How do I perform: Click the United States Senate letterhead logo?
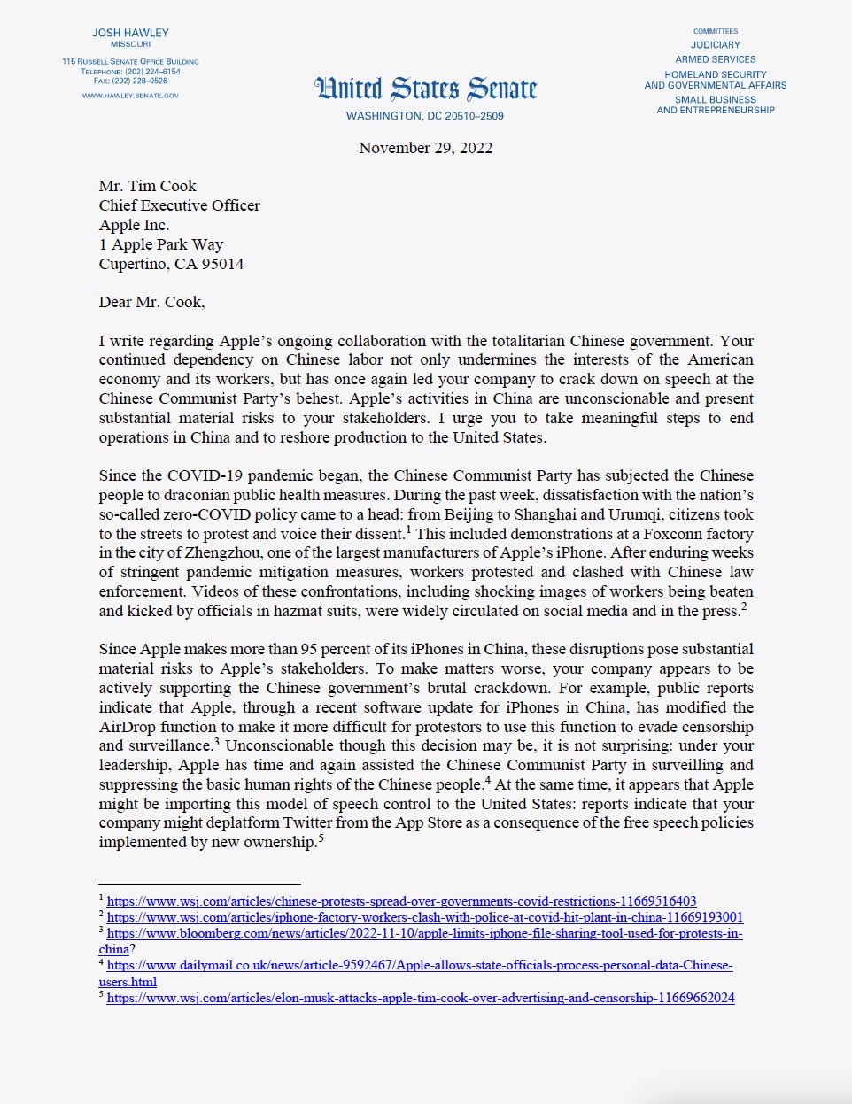pyautogui.click(x=425, y=89)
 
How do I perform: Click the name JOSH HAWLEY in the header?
pyautogui.click(x=130, y=33)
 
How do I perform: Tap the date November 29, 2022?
pyautogui.click(x=425, y=148)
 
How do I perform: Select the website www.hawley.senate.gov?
pyautogui.click(x=130, y=96)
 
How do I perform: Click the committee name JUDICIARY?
pyautogui.click(x=716, y=45)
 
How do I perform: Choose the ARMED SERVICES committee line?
pyautogui.click(x=716, y=59)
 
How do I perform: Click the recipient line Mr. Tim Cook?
pyautogui.click(x=147, y=186)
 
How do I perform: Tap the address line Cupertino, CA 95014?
pyautogui.click(x=171, y=264)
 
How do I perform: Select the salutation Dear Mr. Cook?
pyautogui.click(x=151, y=302)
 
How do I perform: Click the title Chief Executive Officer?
pyautogui.click(x=179, y=205)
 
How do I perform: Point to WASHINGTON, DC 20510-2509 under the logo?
pyautogui.click(x=425, y=116)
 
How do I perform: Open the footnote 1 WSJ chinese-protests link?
pyautogui.click(x=401, y=901)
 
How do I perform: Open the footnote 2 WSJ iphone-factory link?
pyautogui.click(x=424, y=917)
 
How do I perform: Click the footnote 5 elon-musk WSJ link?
pyautogui.click(x=421, y=998)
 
